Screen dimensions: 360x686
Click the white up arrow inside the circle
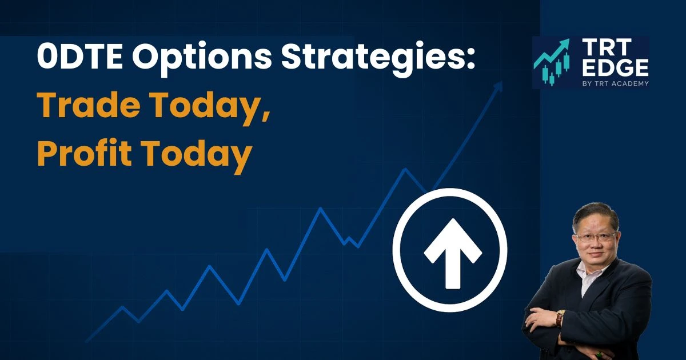point(450,252)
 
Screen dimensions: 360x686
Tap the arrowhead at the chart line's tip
point(498,85)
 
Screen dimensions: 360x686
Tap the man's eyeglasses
point(596,237)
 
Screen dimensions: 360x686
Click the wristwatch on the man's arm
point(560,318)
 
